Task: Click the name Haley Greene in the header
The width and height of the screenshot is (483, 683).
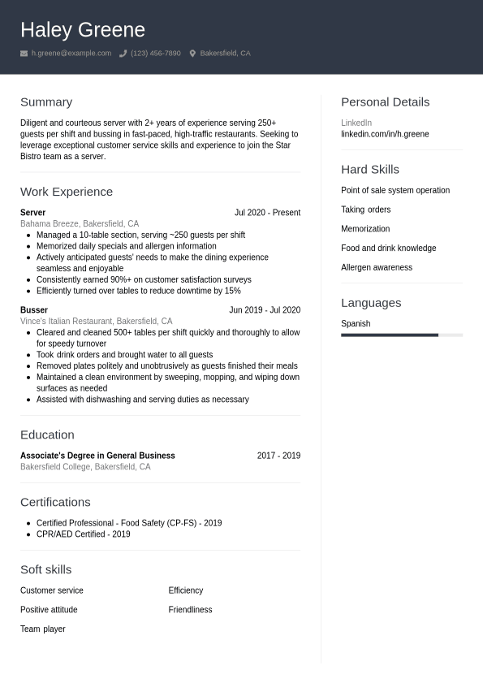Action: pos(83,30)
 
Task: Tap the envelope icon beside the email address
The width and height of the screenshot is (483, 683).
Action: pos(24,54)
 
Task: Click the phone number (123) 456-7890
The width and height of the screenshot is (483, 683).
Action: pos(156,54)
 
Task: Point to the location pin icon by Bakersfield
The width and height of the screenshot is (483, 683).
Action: pos(192,54)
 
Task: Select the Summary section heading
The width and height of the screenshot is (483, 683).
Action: pos(46,102)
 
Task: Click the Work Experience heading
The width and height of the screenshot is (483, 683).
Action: pos(67,192)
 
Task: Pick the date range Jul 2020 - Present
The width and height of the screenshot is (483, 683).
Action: pos(267,213)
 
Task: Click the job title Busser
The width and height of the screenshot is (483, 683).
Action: pos(34,310)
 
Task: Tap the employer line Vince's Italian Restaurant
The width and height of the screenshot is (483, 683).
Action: pos(96,321)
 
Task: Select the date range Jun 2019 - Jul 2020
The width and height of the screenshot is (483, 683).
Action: pos(265,310)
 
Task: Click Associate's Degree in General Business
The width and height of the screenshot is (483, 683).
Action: pos(97,456)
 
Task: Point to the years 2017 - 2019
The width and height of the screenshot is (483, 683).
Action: pos(278,456)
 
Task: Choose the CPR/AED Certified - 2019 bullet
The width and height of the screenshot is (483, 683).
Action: pos(83,534)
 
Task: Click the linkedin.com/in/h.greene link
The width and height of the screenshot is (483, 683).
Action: pos(385,134)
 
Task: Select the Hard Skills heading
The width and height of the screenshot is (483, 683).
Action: pos(370,170)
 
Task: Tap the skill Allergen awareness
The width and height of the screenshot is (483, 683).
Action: pos(377,267)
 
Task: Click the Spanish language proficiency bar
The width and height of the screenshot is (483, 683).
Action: pos(402,335)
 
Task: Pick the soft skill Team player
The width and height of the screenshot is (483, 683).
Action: pos(43,629)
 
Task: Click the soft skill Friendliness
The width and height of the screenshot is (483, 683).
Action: pos(190,610)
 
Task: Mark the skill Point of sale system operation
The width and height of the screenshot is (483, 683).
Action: pos(395,190)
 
